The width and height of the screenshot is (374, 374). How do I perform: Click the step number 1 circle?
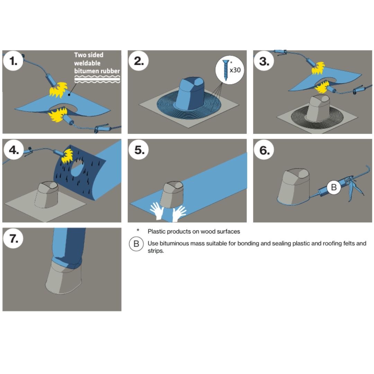point(13,61)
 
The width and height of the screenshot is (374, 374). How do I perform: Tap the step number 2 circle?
point(139,61)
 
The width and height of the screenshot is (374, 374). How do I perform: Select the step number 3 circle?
point(264,61)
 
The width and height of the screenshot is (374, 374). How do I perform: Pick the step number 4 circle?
point(14,150)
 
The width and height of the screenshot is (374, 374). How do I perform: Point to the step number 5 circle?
point(139,150)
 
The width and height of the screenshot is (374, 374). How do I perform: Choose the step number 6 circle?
point(264,150)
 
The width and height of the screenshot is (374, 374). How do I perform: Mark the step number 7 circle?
point(13,238)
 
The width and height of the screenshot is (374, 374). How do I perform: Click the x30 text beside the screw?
point(235,70)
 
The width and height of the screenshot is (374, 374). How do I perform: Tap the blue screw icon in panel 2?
point(225,70)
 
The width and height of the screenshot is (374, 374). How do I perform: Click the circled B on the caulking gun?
point(334,187)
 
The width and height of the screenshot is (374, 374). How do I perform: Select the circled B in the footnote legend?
point(136,244)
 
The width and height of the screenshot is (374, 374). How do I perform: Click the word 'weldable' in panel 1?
point(87,63)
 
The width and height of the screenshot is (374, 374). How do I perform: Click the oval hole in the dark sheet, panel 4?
point(78,168)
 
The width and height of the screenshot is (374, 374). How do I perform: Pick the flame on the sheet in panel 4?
point(67,156)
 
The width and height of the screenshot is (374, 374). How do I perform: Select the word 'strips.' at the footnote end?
point(156,251)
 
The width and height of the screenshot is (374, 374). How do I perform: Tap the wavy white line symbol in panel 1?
point(97,79)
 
